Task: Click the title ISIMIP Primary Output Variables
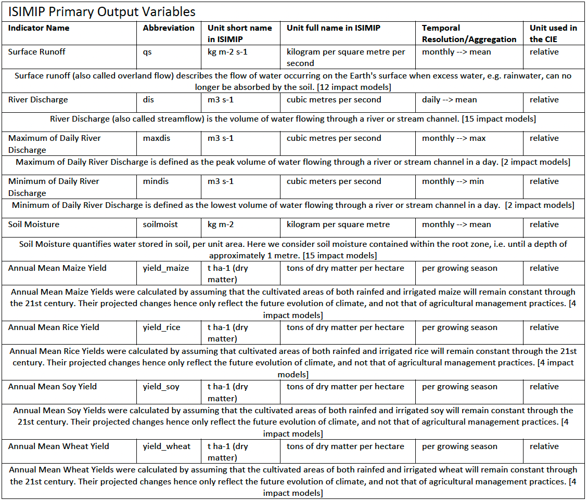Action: coord(102,11)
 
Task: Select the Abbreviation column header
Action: coord(169,28)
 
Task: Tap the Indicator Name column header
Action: coord(39,28)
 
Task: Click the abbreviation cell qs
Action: coord(147,52)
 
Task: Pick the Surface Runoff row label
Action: coord(37,52)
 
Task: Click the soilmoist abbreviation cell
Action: coord(160,225)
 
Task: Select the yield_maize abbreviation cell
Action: coord(165,268)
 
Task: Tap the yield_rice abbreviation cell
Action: coord(161,327)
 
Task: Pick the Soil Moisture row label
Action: coord(34,225)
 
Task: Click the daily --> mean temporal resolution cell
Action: coord(449,100)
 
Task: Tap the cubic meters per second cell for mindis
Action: coord(334,181)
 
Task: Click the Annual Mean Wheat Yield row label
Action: coord(59,446)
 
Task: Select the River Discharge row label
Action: coord(38,100)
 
